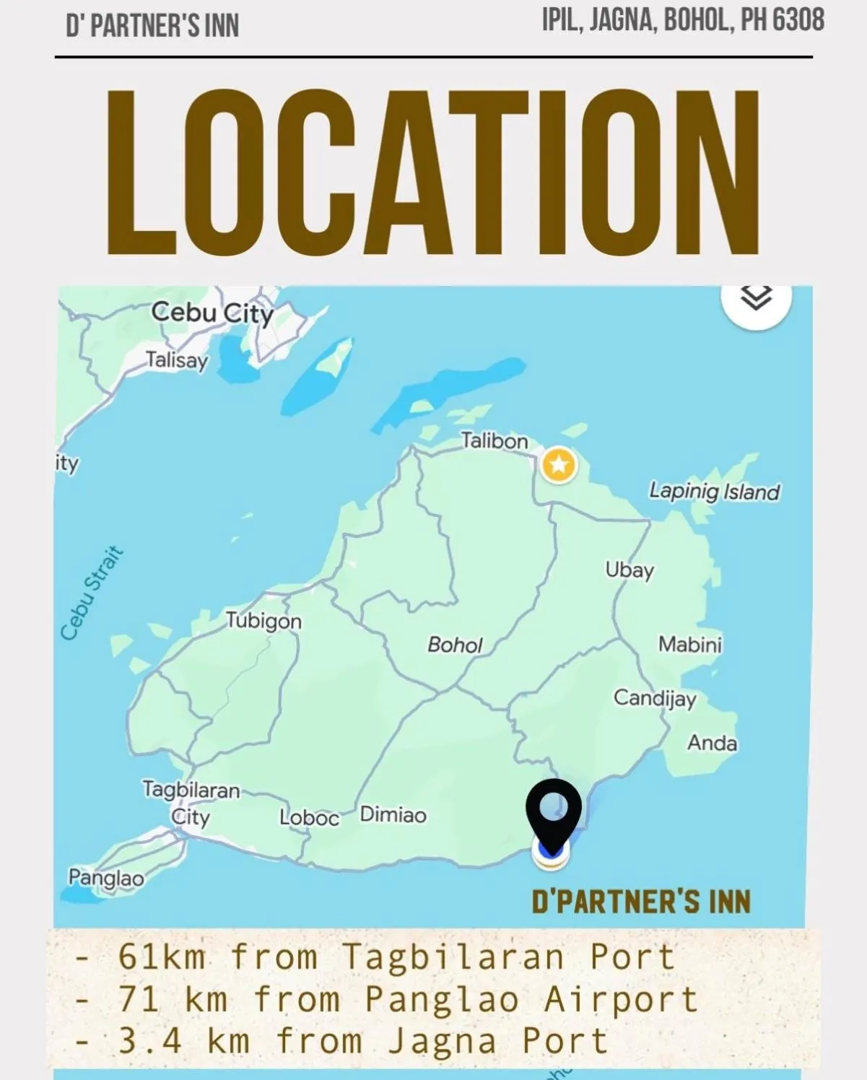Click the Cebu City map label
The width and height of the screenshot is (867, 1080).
point(212,313)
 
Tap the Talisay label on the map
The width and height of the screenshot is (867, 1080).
point(177,360)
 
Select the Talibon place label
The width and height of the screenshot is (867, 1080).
point(495,440)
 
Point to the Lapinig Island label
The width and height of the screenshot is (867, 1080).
point(714,492)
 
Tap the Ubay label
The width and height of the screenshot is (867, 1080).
point(629,570)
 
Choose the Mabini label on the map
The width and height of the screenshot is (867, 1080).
point(689,644)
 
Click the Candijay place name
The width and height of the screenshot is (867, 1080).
point(655,698)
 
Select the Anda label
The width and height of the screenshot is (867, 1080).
point(712,743)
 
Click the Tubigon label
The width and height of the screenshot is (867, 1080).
point(263,621)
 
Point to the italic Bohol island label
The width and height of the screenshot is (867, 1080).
point(455,645)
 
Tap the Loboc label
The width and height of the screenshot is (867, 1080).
point(309,818)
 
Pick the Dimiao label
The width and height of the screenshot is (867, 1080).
point(393,815)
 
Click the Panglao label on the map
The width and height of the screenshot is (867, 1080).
point(106,878)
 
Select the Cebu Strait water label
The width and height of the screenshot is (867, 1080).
point(91,593)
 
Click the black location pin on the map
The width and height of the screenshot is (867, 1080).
point(554,812)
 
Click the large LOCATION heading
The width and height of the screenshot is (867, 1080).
point(433,173)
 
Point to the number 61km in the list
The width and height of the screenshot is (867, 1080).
point(162,957)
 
